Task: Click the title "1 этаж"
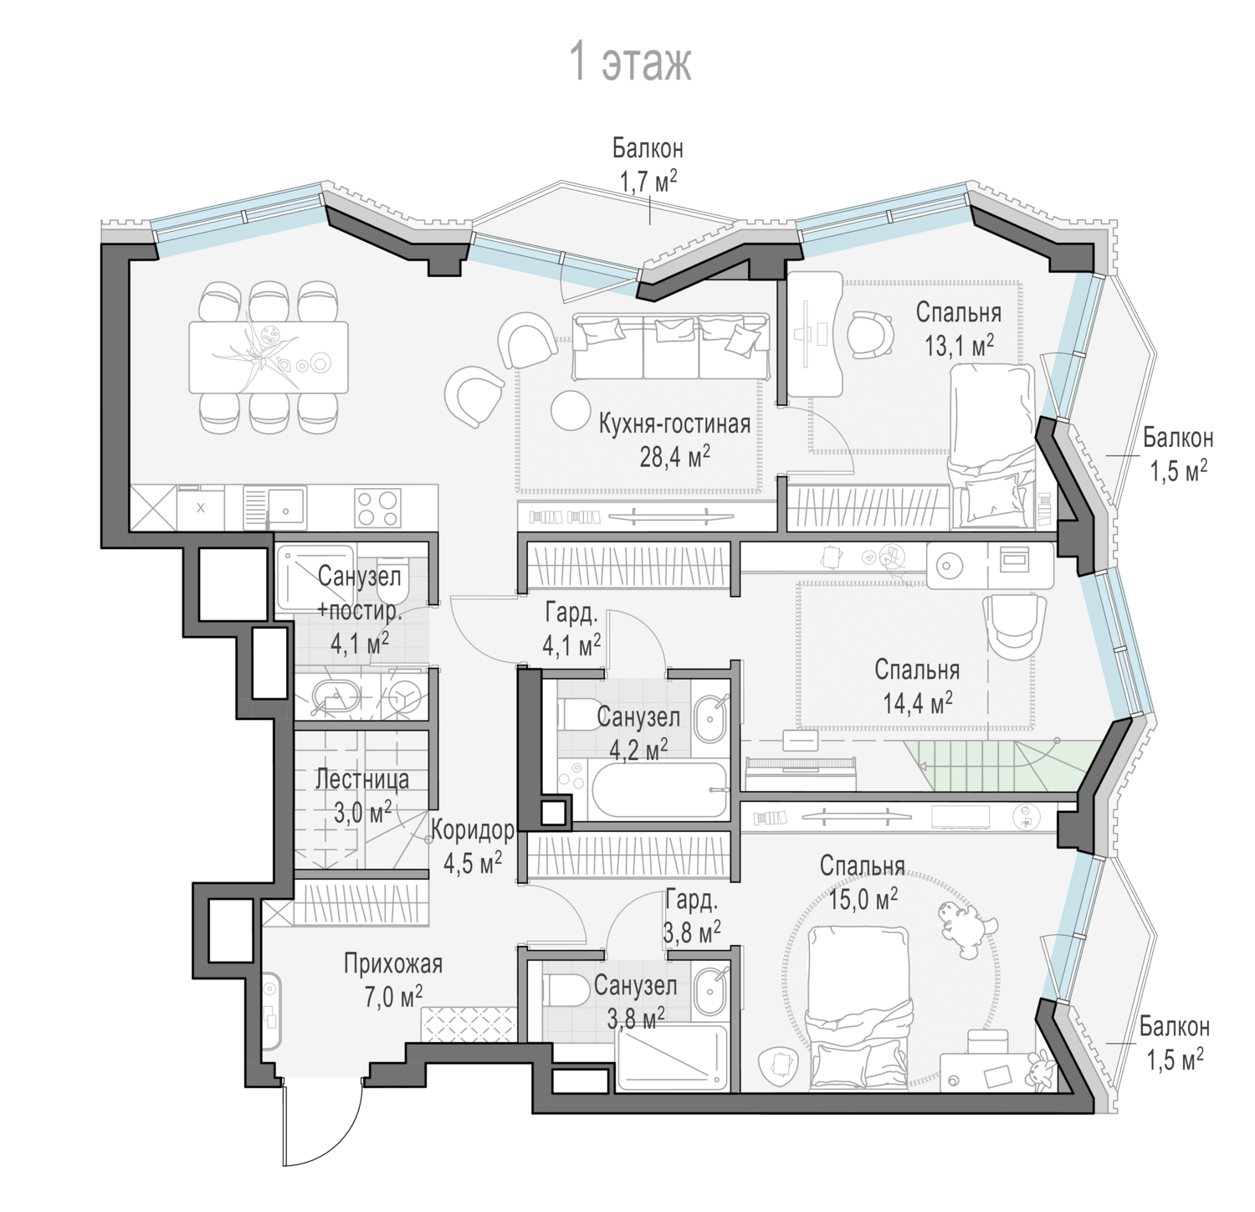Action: pyautogui.click(x=630, y=63)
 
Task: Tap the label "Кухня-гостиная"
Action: pyautogui.click(x=674, y=424)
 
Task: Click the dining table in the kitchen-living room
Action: pyautogui.click(x=269, y=357)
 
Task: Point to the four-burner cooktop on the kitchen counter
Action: pyautogui.click(x=377, y=507)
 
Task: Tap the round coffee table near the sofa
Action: pyautogui.click(x=571, y=410)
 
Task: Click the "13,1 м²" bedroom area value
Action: pyautogui.click(x=959, y=346)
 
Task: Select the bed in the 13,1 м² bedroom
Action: pyautogui.click(x=993, y=446)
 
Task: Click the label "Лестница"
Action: pyautogui.click(x=362, y=779)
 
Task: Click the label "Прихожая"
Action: pyautogui.click(x=393, y=963)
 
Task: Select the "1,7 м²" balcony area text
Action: pyautogui.click(x=648, y=181)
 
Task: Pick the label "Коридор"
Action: pyautogui.click(x=472, y=830)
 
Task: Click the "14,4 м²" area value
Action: pyautogui.click(x=918, y=702)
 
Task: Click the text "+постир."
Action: pyautogui.click(x=360, y=610)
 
